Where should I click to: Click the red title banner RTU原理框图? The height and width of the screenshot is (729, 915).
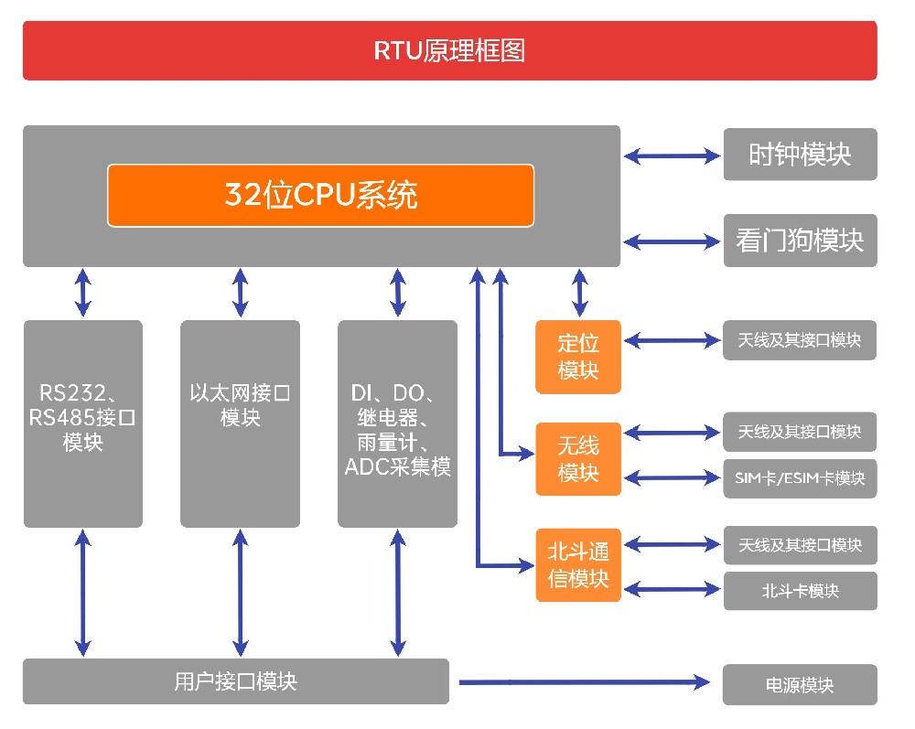[x=449, y=50]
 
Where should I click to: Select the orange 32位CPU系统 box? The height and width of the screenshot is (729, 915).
[x=320, y=195]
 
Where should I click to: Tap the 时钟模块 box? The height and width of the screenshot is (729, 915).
[x=800, y=155]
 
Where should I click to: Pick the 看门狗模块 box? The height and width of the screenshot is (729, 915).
[x=800, y=241]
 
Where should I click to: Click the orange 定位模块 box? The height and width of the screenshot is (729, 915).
[x=577, y=357]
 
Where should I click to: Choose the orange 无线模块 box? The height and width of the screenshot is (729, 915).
[x=577, y=459]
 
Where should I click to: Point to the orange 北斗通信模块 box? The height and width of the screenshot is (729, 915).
[x=577, y=564]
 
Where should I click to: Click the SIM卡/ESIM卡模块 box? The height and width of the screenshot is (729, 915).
[x=800, y=477]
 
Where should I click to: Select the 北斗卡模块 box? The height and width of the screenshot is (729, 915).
[x=800, y=591]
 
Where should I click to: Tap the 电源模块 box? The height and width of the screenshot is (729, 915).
[x=800, y=685]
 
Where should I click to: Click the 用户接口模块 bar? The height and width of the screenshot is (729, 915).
[x=235, y=681]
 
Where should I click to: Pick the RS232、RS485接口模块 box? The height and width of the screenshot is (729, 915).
[x=83, y=423]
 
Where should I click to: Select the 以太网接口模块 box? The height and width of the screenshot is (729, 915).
[x=240, y=423]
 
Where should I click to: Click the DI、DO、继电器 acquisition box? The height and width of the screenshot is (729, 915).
[x=397, y=423]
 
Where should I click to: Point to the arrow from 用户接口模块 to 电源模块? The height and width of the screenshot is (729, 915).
[x=586, y=681]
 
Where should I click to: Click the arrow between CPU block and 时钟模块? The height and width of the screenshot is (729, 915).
[x=672, y=156]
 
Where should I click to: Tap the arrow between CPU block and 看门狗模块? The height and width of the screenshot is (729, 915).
[x=672, y=242]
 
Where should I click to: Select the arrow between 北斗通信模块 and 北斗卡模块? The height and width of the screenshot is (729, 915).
[x=672, y=590]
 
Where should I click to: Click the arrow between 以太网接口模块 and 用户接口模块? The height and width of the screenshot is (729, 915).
[x=240, y=593]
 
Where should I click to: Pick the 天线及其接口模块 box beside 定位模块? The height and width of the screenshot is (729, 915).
[x=800, y=340]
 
